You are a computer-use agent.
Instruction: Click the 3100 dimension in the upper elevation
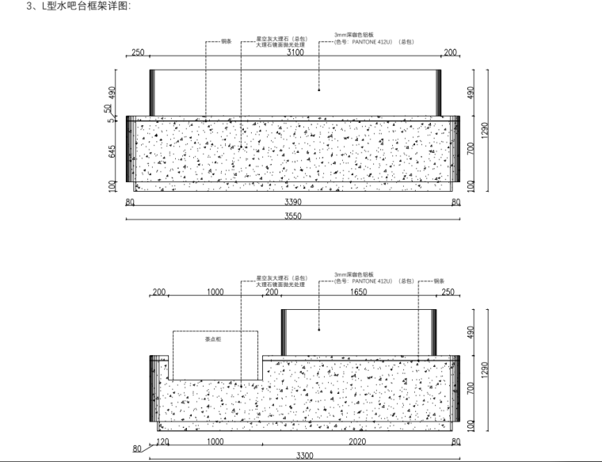[295, 53]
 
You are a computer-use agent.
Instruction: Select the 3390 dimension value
[292, 202]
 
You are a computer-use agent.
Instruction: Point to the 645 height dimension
[112, 151]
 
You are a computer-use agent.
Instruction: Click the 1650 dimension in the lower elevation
[358, 292]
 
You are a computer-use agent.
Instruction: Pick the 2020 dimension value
[359, 442]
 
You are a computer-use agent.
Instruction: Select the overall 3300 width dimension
[305, 456]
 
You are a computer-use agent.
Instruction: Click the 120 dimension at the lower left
[164, 442]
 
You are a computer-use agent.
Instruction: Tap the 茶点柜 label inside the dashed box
[213, 338]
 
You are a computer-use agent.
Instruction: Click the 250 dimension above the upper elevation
[138, 53]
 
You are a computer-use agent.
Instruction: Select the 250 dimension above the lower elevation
[448, 292]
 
